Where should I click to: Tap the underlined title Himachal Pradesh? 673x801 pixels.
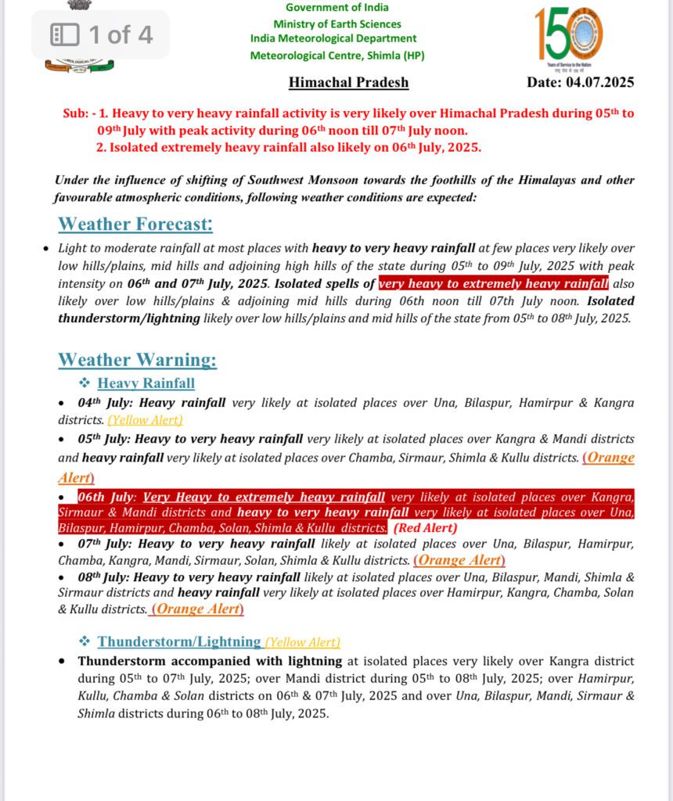348,82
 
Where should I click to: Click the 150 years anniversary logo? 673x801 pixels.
569,35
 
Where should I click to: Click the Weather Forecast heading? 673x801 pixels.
135,224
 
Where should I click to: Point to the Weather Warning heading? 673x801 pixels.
137,361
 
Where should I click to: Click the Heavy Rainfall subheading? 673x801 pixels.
146,383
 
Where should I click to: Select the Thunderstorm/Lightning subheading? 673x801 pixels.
179,641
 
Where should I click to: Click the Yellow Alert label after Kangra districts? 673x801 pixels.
145,420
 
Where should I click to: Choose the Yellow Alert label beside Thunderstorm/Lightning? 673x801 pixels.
302,642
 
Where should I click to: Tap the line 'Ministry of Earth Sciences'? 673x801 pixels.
337,24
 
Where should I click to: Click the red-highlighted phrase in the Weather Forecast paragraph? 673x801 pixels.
493,283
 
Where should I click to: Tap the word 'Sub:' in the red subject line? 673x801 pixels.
76,113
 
